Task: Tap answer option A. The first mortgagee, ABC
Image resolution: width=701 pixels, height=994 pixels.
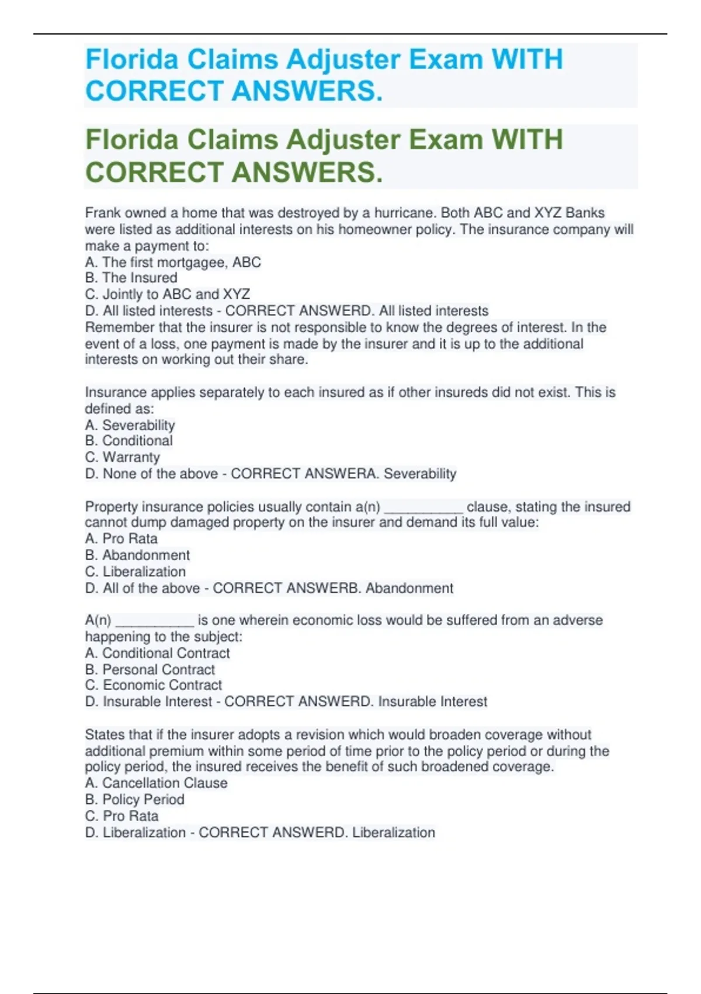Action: tap(173, 262)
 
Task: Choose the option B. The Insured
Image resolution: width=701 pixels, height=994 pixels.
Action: tap(131, 278)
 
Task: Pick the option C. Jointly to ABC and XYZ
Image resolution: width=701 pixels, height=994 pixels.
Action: tap(167, 294)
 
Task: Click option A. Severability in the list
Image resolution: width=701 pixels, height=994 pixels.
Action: tap(130, 425)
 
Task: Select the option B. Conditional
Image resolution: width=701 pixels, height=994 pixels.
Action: tap(129, 441)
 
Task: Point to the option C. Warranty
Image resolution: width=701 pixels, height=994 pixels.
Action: tap(122, 457)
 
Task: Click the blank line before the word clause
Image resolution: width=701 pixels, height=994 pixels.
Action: tap(424, 508)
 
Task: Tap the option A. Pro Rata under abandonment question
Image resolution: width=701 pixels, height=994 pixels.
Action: tap(121, 539)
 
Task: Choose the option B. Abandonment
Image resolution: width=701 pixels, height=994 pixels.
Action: tap(137, 555)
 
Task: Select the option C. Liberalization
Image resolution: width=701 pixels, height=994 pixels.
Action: tap(136, 571)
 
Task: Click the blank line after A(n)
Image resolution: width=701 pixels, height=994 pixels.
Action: tap(154, 621)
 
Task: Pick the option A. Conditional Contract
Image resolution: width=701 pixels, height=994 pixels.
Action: tap(157, 653)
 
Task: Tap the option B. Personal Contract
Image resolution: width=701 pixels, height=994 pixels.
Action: tap(150, 669)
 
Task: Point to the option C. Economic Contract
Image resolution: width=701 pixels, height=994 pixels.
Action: tap(153, 685)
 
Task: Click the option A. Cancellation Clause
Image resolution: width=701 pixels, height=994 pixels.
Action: tap(156, 783)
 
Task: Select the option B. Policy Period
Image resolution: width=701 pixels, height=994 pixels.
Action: tap(134, 799)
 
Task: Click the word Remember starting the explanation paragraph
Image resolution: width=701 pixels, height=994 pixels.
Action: tap(120, 327)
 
